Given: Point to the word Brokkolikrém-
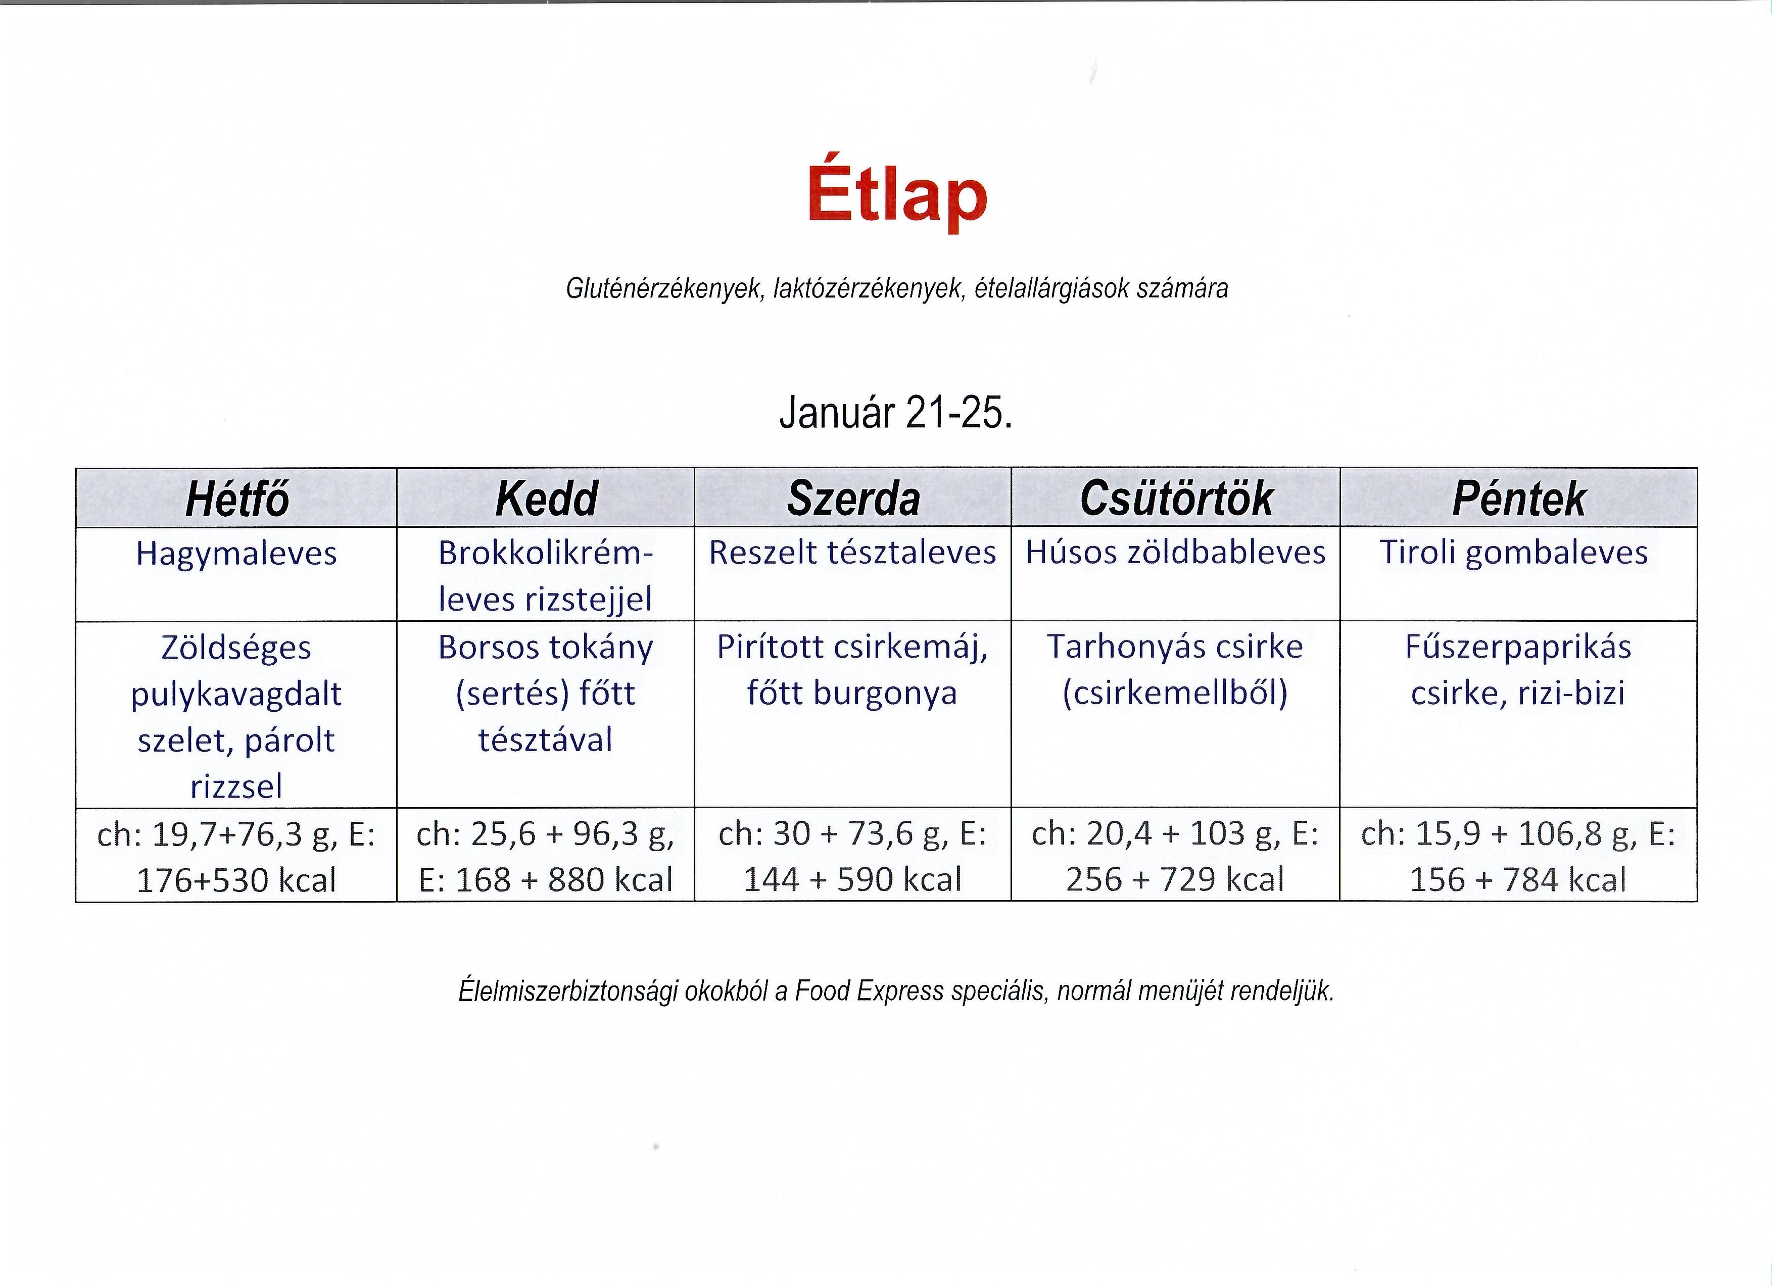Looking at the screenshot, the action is point(545,553).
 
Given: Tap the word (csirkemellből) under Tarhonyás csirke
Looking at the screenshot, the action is point(1175,693).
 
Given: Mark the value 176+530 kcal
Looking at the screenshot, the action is point(237,880).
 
